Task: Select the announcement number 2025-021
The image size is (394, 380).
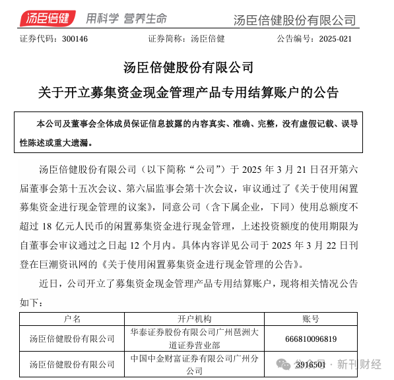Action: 340,38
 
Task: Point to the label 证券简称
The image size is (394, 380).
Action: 165,38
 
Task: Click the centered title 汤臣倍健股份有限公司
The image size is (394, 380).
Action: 188,67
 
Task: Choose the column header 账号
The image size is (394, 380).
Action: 311,319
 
